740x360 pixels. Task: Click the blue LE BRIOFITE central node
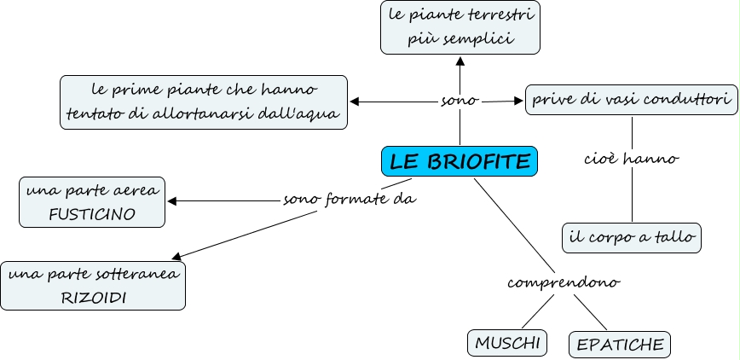(460, 161)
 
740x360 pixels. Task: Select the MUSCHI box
(508, 343)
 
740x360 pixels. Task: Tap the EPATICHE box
(620, 345)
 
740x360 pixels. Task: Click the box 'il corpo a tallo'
(632, 238)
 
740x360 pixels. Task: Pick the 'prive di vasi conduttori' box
(632, 100)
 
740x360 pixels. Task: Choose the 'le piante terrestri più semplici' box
(460, 27)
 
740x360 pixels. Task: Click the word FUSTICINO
(92, 214)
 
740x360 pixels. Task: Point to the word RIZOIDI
(92, 298)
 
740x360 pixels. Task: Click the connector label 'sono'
(460, 101)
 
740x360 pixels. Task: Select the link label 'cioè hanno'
(632, 159)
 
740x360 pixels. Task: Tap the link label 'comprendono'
(563, 282)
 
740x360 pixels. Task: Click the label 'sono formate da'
(350, 200)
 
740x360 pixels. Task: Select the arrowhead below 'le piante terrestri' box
(460, 61)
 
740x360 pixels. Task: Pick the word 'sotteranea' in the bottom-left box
(144, 275)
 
